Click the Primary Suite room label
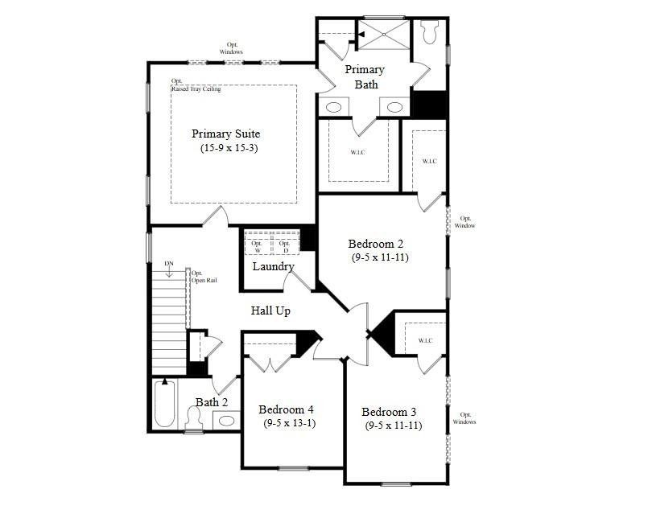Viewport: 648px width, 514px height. (x=225, y=134)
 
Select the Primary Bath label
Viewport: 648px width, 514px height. (x=365, y=76)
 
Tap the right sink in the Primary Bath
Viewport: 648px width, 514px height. (x=394, y=108)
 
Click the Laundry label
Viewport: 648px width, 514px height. (x=273, y=266)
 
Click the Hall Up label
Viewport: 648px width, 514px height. (x=270, y=310)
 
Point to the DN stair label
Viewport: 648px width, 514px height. (x=168, y=263)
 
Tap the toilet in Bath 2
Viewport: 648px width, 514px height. (x=193, y=418)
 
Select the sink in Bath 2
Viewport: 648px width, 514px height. (x=226, y=421)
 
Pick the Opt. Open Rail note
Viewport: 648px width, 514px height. (x=204, y=277)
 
